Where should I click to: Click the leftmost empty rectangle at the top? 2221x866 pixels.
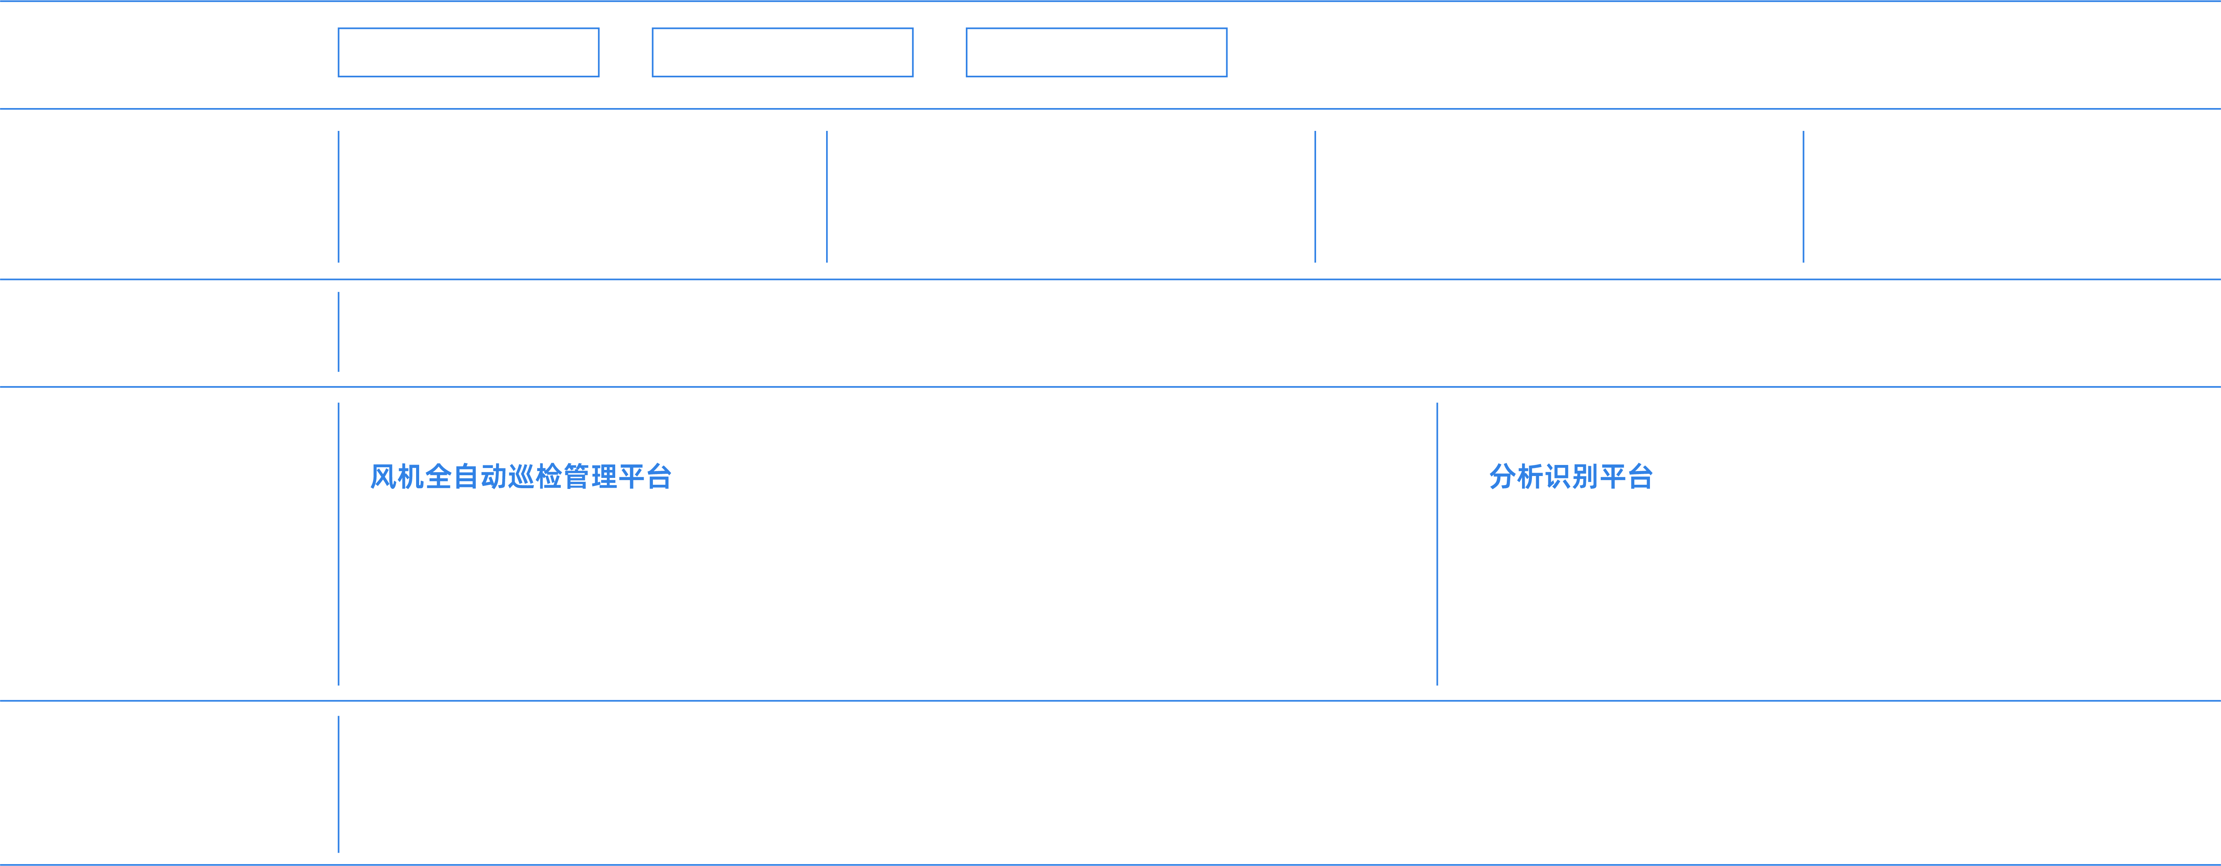pyautogui.click(x=468, y=53)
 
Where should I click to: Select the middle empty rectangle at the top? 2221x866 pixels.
pyautogui.click(x=782, y=53)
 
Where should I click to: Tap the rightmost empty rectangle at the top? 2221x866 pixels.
pyautogui.click(x=1096, y=53)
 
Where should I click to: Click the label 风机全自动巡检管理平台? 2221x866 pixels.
pyautogui.click(x=521, y=476)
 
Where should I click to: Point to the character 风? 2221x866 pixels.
pyautogui.click(x=384, y=476)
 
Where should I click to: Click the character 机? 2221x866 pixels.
pyautogui.click(x=411, y=476)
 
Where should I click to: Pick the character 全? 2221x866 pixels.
pyautogui.click(x=439, y=476)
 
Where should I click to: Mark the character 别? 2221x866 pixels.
pyautogui.click(x=1585, y=476)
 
